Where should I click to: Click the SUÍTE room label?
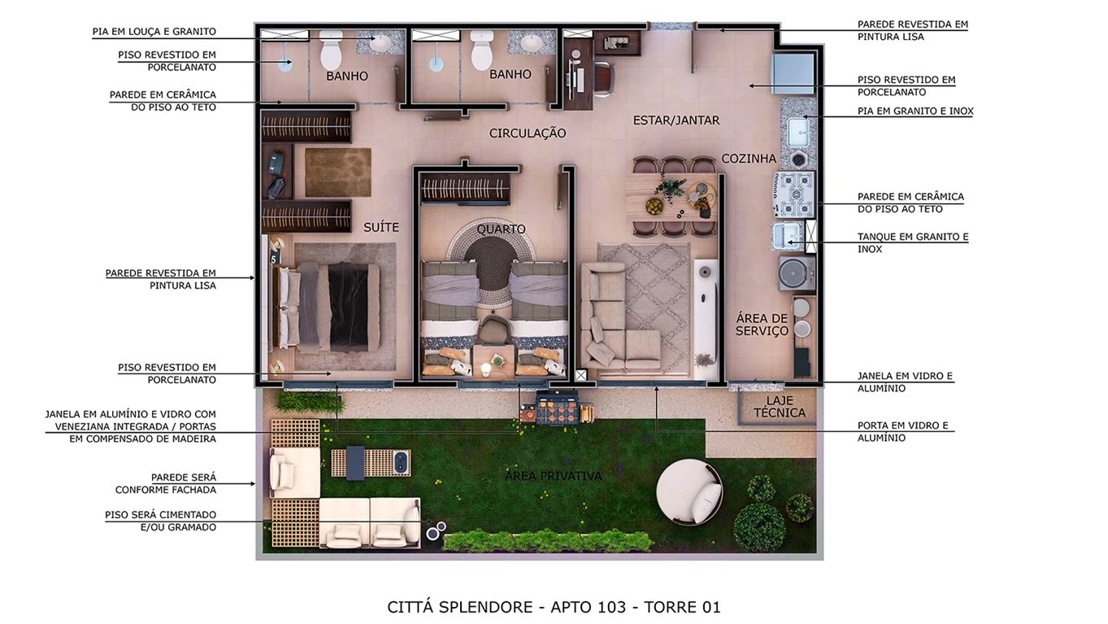(380, 228)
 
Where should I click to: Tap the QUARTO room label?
(501, 229)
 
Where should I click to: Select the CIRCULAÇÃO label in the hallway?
(527, 133)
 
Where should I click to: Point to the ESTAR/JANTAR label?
(676, 120)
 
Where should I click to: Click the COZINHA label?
(749, 159)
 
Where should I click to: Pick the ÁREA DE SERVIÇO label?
(762, 325)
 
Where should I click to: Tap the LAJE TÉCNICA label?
(779, 407)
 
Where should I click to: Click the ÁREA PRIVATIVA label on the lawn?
(553, 476)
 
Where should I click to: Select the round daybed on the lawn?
(689, 491)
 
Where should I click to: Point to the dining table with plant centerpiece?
(671, 195)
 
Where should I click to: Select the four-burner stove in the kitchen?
(793, 186)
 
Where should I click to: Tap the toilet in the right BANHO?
(482, 50)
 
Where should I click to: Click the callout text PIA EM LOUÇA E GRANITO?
(154, 32)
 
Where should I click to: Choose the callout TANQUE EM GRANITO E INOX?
(912, 242)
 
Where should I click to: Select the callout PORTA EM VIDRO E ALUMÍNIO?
(902, 431)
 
